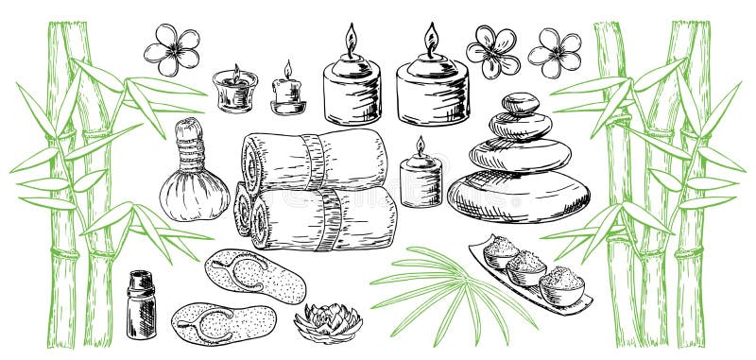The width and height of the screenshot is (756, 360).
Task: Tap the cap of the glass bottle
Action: (x=140, y=280)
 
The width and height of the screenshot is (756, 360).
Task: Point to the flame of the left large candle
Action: (x=351, y=40)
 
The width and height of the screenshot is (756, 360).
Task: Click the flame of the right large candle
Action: (x=431, y=40)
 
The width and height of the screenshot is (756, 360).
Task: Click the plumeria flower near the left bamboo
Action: (x=172, y=49)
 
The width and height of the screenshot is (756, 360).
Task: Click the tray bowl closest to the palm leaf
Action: (x=501, y=251)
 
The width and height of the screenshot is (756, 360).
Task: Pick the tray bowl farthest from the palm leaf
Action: (x=561, y=283)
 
